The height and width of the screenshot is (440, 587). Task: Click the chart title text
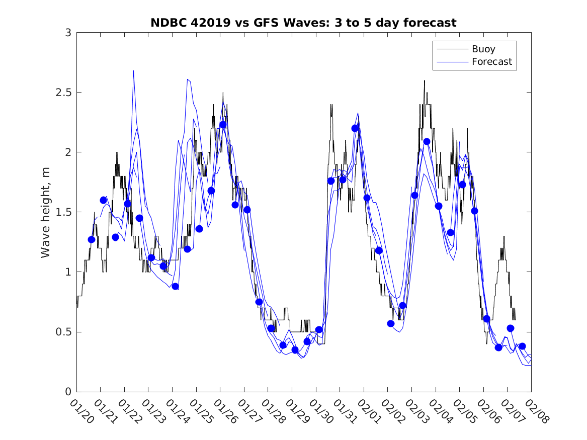click(x=303, y=23)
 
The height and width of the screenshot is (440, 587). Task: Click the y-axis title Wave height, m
click(x=46, y=212)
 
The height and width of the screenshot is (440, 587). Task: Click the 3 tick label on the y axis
click(x=67, y=33)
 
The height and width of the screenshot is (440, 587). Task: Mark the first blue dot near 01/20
click(x=92, y=239)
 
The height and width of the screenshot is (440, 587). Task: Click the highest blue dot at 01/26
click(x=223, y=125)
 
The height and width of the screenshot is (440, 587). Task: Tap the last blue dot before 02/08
click(x=522, y=346)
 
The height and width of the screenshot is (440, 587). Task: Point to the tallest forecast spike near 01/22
click(x=133, y=71)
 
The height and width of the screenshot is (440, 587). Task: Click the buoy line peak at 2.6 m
click(x=424, y=80)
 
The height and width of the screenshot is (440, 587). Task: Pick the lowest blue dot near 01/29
click(x=295, y=349)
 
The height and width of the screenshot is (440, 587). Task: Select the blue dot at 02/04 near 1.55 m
click(x=438, y=206)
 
